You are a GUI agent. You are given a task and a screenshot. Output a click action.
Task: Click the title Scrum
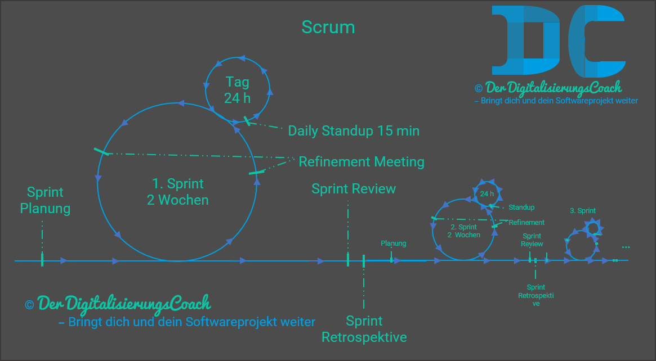click(328, 27)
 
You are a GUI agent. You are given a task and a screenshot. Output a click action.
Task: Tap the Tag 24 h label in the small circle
click(237, 89)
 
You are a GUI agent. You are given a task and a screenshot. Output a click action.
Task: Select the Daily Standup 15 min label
click(354, 131)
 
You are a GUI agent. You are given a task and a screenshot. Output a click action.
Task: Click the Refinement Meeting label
click(361, 162)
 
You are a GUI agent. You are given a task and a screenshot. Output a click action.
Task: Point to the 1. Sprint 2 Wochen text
click(178, 192)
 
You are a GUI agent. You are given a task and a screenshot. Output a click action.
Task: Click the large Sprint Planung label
click(45, 200)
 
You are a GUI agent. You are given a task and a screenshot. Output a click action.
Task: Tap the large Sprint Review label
click(354, 189)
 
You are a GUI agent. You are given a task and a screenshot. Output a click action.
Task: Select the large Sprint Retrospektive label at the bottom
click(364, 329)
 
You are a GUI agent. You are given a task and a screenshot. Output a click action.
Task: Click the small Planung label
click(393, 243)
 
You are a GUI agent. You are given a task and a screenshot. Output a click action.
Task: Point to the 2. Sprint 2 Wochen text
click(464, 231)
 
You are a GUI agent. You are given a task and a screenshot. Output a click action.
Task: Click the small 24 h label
click(487, 194)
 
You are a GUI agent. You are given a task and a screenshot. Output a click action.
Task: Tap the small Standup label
click(521, 207)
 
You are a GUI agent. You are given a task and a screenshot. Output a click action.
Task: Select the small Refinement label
click(526, 223)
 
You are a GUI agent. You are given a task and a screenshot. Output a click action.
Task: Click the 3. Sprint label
click(582, 211)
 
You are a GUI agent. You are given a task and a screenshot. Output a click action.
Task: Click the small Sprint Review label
click(532, 240)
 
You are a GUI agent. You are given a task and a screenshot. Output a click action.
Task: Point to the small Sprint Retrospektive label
click(536, 296)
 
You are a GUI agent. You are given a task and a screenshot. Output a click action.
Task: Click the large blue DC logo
click(558, 41)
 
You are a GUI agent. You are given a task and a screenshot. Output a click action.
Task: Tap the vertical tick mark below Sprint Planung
click(42, 259)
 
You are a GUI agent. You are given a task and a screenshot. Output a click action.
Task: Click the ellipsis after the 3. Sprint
click(626, 247)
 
